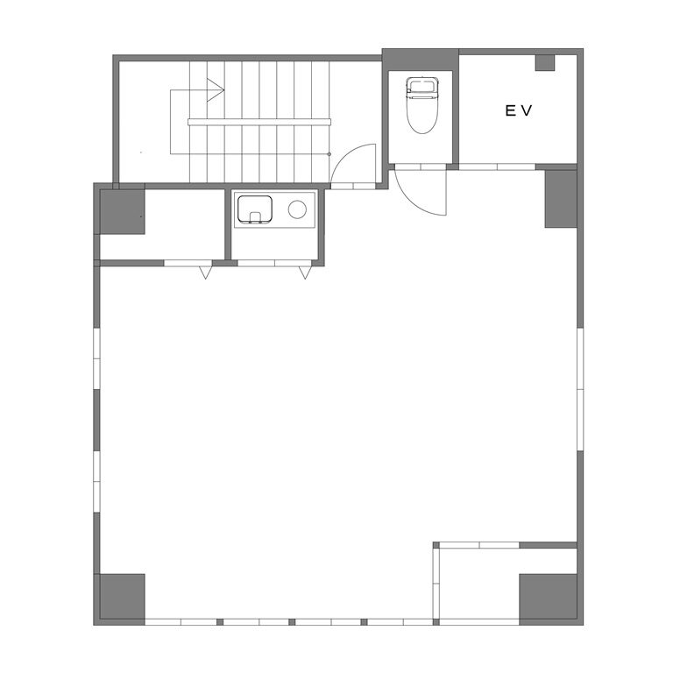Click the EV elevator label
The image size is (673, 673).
(x=519, y=110)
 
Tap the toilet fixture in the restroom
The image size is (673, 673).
(x=422, y=105)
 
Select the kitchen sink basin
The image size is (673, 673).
(x=255, y=209)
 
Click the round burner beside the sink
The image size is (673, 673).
(x=297, y=209)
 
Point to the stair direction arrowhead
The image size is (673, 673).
(x=216, y=90)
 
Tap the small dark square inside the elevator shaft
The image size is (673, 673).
(x=545, y=63)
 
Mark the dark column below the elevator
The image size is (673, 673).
(x=561, y=199)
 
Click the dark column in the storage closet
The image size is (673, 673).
(x=123, y=211)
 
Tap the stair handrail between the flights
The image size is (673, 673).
(x=259, y=122)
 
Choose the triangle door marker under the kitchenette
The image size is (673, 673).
(x=305, y=273)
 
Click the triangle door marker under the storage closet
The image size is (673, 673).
(x=206, y=273)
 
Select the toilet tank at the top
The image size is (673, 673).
(x=422, y=85)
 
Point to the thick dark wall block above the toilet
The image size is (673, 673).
(x=421, y=60)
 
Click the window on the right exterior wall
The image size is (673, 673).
(x=580, y=389)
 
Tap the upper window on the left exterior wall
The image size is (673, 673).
(x=96, y=358)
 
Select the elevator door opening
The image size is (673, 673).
(x=497, y=167)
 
